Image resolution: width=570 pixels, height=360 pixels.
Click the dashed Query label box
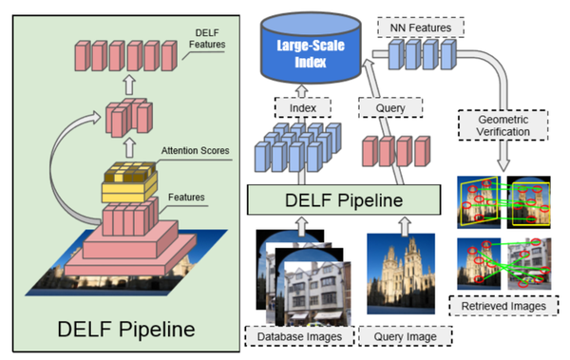coord(385,108)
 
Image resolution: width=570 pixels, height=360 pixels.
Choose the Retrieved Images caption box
coord(502,308)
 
